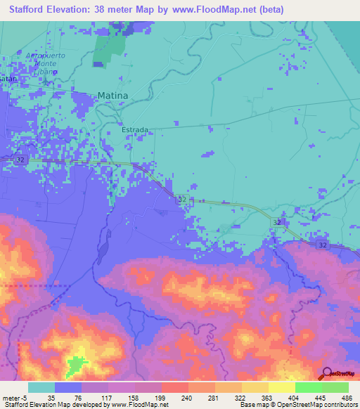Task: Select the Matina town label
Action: (112, 94)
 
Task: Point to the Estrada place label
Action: (135, 130)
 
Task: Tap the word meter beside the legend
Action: (9, 398)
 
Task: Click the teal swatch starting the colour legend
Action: (41, 387)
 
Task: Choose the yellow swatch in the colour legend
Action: (282, 387)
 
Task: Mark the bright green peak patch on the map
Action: (75, 364)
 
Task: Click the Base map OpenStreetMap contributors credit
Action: (297, 405)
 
